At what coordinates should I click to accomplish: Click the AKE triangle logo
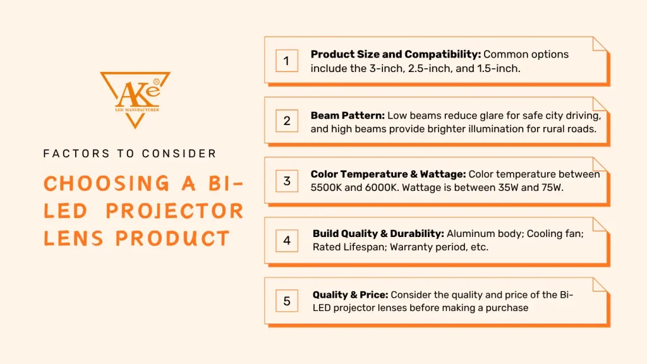click(x=135, y=98)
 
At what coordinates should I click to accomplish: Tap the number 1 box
click(x=286, y=61)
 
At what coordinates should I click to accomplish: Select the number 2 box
click(x=286, y=121)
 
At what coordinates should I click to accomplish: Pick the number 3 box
click(x=286, y=181)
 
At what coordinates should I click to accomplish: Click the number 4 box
click(x=286, y=241)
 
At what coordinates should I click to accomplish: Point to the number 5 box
click(x=286, y=301)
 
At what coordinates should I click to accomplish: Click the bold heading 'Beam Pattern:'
click(x=347, y=116)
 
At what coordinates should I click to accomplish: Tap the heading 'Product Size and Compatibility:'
click(x=396, y=54)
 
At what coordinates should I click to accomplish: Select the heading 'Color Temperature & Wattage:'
click(x=388, y=174)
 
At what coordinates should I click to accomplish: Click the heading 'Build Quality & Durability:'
click(x=378, y=234)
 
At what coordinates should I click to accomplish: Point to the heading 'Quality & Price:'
click(x=350, y=294)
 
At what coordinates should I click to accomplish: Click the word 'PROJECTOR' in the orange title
click(x=174, y=210)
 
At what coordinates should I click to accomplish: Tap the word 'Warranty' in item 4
click(x=411, y=248)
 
